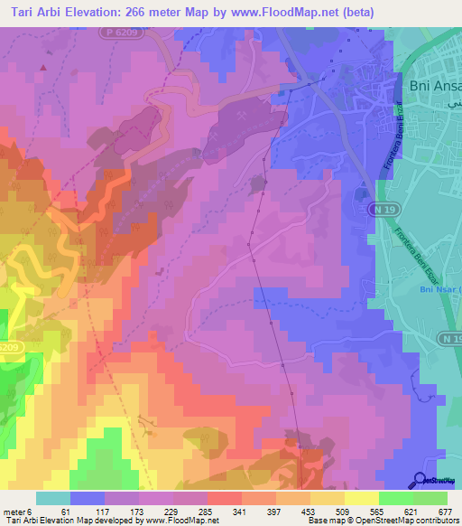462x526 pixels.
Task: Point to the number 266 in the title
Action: (x=138, y=12)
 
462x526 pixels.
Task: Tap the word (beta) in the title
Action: (x=351, y=12)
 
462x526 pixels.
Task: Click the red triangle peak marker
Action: (x=42, y=67)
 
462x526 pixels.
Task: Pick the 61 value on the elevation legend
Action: (x=66, y=511)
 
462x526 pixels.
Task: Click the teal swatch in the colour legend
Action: (x=52, y=498)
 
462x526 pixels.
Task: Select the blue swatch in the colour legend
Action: (x=87, y=498)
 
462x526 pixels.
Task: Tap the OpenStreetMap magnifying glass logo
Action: (x=420, y=481)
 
